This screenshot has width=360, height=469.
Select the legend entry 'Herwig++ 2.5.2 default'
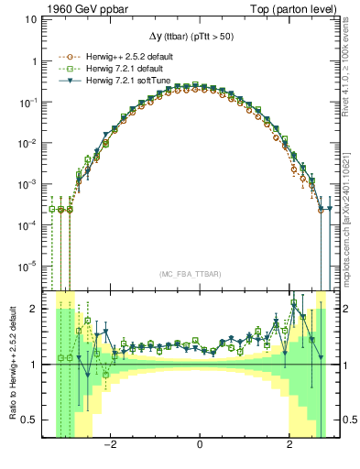(122, 57)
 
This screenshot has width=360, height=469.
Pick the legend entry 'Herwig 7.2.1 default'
(117, 69)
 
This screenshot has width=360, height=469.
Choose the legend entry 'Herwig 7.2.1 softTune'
(120, 81)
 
